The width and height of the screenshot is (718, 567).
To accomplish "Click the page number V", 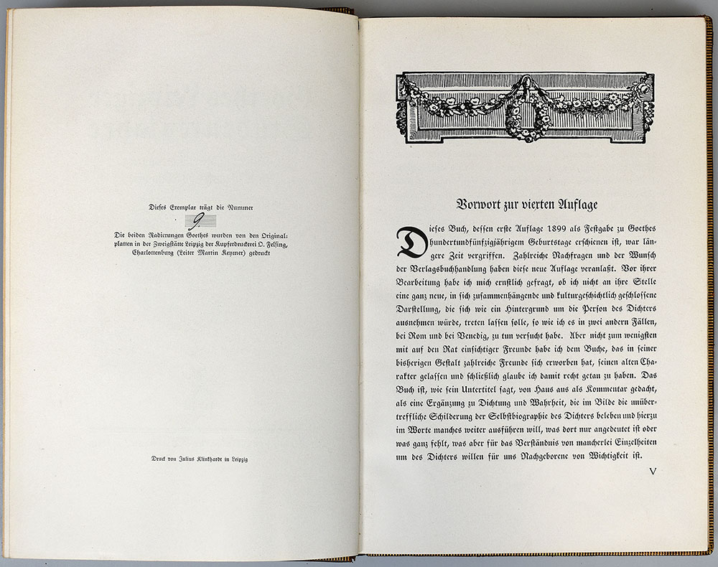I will [653, 472].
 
